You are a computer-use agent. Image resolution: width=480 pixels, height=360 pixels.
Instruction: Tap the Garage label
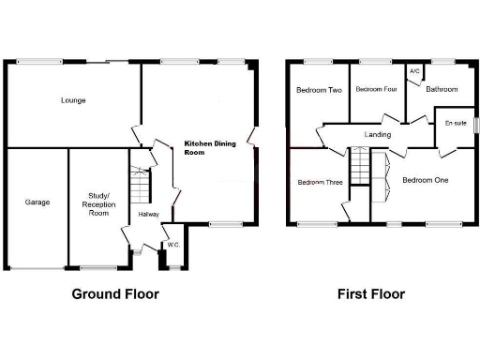tap(37, 202)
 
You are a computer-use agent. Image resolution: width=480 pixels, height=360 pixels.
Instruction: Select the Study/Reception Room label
tap(97, 202)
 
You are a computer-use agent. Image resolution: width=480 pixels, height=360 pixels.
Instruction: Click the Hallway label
tap(148, 215)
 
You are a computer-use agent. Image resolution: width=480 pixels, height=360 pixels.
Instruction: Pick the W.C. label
tap(172, 246)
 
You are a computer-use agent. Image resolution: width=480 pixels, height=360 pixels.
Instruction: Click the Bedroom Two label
tap(318, 91)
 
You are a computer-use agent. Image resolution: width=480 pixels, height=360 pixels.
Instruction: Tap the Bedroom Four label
tap(376, 90)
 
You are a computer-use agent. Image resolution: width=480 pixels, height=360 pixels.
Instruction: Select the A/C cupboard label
tap(413, 70)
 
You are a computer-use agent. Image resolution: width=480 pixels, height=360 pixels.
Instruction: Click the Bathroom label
tap(442, 90)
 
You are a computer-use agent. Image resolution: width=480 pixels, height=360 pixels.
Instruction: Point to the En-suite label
tap(456, 124)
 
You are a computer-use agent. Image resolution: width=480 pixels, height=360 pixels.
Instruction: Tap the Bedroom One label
tap(425, 180)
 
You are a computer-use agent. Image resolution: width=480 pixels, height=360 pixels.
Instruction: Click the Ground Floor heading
tap(115, 293)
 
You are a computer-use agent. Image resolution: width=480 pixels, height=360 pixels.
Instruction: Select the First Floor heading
tap(371, 293)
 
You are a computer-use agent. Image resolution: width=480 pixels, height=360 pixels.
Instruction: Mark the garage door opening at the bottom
tap(37, 268)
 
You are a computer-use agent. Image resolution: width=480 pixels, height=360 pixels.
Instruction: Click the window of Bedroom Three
tap(319, 222)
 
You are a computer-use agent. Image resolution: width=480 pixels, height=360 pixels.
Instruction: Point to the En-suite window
tap(475, 125)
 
